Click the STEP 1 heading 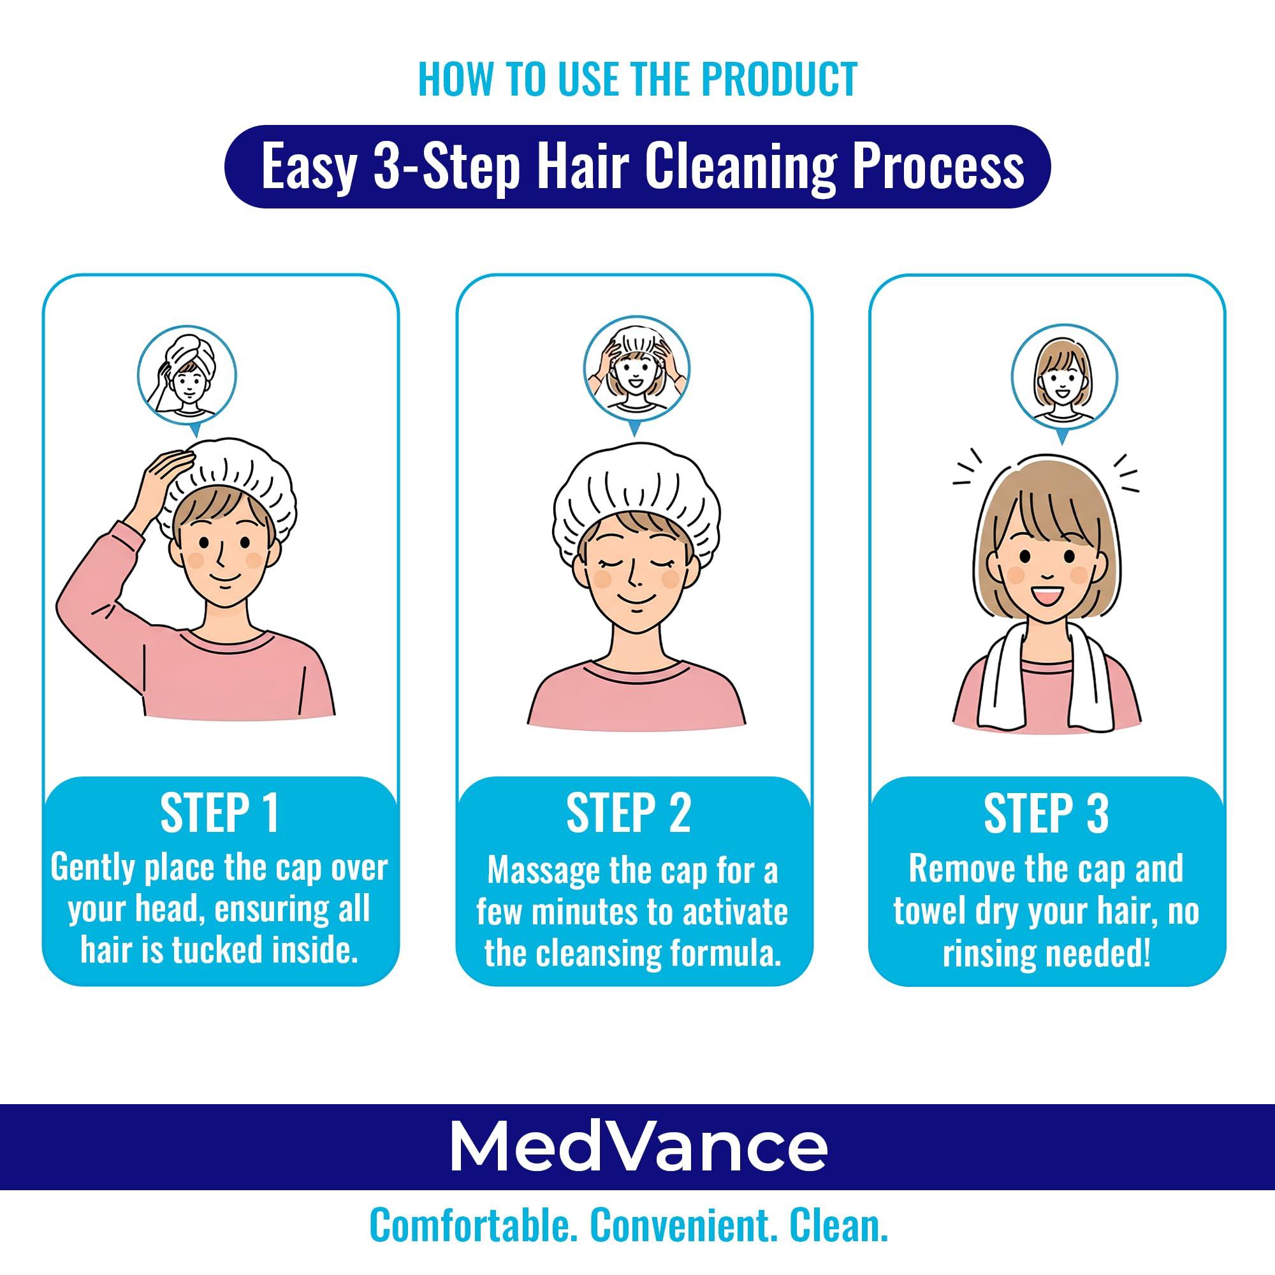click(220, 813)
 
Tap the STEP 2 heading click(629, 813)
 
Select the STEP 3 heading click(1046, 813)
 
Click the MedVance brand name click(637, 1147)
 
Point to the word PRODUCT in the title click(779, 79)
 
